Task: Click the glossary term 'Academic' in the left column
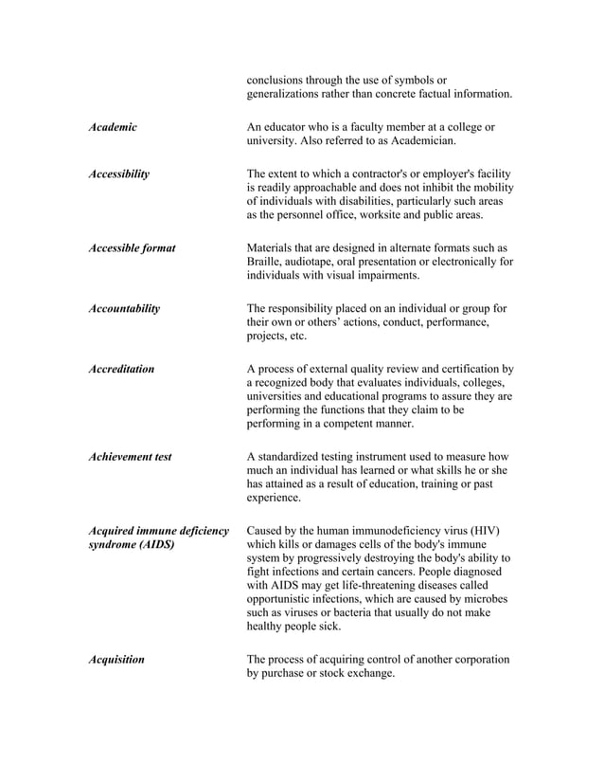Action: pyautogui.click(x=112, y=127)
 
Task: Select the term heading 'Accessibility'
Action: pyautogui.click(x=118, y=173)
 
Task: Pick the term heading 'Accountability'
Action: pyautogui.click(x=123, y=308)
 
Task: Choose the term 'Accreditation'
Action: pyautogui.click(x=120, y=369)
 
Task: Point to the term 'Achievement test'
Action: pyautogui.click(x=130, y=457)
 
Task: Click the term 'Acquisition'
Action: pyautogui.click(x=115, y=660)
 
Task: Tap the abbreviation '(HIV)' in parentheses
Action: pyautogui.click(x=482, y=530)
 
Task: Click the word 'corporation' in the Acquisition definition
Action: pyautogui.click(x=479, y=660)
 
